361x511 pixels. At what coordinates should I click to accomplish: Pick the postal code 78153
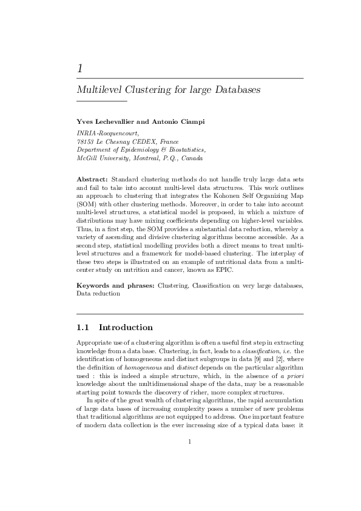coord(84,141)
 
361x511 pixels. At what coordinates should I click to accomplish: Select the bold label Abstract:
coord(92,180)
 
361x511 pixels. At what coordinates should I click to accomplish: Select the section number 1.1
coord(83,328)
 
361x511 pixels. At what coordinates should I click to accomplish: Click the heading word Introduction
coord(126,328)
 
